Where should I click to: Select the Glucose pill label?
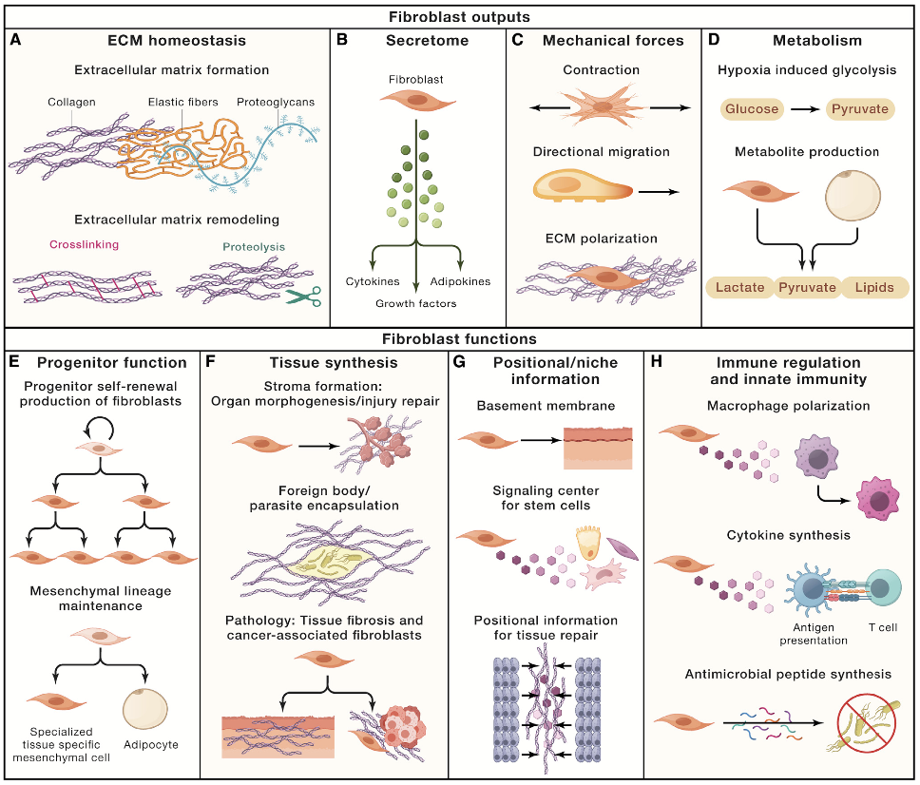pos(752,108)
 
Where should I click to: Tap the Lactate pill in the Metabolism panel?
pos(740,287)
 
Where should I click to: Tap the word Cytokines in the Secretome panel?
pos(374,282)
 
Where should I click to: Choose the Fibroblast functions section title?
pos(459,338)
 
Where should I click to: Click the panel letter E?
pos(15,362)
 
